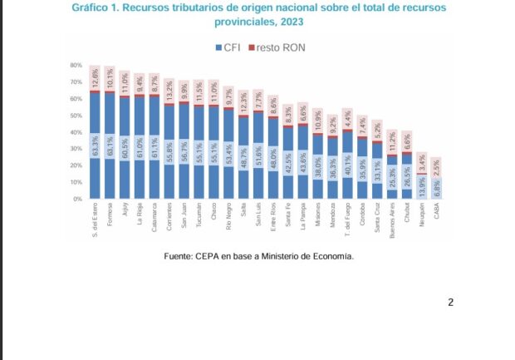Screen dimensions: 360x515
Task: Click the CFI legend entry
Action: coord(228,47)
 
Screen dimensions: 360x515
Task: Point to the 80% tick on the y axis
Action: coord(76,65)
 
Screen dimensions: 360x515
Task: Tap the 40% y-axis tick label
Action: coord(76,132)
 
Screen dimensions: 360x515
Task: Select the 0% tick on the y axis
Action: coord(77,200)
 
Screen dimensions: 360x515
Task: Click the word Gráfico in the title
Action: coord(93,7)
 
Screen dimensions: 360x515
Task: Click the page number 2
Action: coord(450,302)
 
